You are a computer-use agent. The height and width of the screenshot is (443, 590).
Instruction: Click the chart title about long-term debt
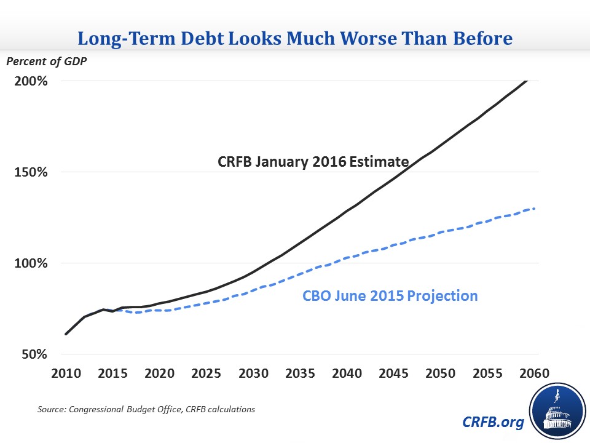point(294,39)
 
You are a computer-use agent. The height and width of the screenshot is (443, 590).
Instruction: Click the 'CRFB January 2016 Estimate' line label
point(313,162)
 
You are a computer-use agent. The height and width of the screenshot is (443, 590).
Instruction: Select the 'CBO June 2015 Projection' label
point(390,296)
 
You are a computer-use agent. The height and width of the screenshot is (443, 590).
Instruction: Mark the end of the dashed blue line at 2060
point(533,209)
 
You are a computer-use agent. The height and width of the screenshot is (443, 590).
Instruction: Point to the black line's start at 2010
point(66,334)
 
